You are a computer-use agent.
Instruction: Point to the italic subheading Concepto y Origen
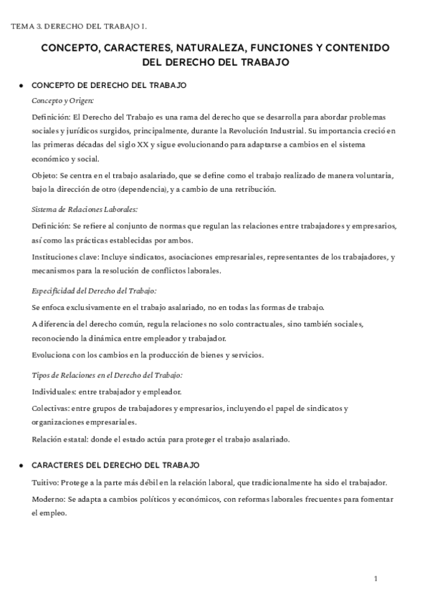pos(62,101)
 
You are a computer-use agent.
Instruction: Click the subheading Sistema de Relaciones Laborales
pos(85,209)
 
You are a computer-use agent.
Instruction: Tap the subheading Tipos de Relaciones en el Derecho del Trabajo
pos(107,375)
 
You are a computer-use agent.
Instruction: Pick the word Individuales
pos(54,392)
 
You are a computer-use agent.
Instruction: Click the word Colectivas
pos(51,409)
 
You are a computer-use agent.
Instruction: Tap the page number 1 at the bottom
pos(375,578)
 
